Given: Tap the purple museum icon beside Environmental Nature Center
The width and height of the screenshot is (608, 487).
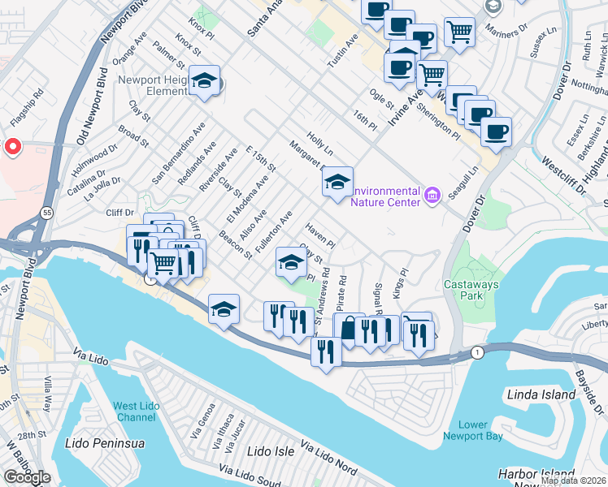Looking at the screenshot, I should click(x=432, y=195).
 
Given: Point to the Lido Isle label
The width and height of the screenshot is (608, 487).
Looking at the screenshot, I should click(x=269, y=450).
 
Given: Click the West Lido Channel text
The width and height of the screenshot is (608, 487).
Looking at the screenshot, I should click(x=135, y=412).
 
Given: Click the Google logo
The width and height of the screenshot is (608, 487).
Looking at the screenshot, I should click(x=27, y=477).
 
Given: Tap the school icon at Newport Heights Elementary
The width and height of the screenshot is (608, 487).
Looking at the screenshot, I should click(x=204, y=80).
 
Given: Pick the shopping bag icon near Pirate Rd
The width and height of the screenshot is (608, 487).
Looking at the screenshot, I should click(x=349, y=329).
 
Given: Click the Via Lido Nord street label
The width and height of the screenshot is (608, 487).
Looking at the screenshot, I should click(x=328, y=458).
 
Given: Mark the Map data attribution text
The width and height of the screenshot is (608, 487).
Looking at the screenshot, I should click(x=574, y=481).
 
